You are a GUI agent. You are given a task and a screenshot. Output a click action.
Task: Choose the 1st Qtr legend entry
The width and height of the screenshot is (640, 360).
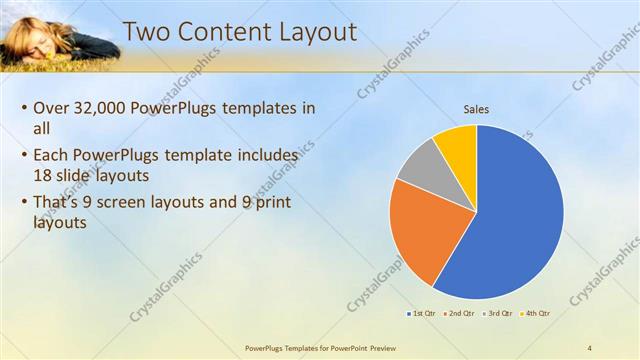(x=421, y=314)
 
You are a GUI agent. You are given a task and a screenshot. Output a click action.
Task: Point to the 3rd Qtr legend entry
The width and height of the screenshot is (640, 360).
(x=499, y=314)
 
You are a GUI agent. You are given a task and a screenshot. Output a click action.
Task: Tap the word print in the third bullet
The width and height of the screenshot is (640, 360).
(x=277, y=203)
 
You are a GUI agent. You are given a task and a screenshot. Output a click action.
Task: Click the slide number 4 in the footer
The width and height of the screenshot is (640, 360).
(x=590, y=348)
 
